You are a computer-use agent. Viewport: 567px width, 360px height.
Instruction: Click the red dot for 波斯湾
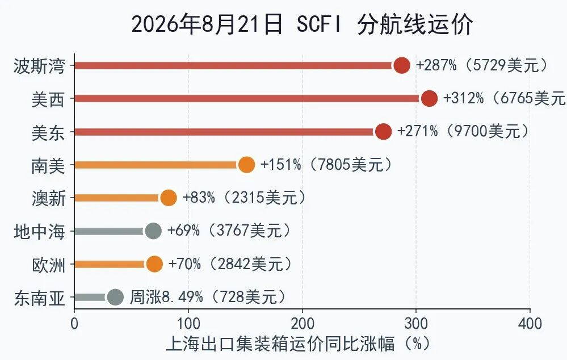click(x=402, y=65)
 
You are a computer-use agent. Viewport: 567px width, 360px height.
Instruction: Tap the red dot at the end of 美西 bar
click(x=429, y=98)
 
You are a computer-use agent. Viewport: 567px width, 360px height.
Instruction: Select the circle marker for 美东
click(x=383, y=131)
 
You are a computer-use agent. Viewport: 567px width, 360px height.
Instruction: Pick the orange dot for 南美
click(x=247, y=165)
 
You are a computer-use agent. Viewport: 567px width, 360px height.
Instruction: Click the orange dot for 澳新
click(x=169, y=198)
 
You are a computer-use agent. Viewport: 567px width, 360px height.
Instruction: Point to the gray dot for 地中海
click(x=153, y=231)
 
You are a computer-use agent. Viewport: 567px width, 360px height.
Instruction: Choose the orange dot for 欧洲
click(x=154, y=264)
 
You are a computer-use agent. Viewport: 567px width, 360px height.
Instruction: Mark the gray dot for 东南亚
click(x=115, y=297)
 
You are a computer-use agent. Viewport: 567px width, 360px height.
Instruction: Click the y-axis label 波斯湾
click(x=39, y=66)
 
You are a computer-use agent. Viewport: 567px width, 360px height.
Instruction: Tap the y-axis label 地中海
click(x=39, y=232)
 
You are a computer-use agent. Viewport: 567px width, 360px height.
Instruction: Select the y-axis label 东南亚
click(x=39, y=298)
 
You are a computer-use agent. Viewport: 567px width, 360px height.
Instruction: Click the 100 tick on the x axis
click(x=188, y=323)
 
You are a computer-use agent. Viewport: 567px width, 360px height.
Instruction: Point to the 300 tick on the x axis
click(x=416, y=323)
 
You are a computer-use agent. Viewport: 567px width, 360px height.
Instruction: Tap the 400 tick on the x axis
click(x=530, y=323)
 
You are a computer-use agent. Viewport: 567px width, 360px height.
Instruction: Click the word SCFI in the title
click(x=319, y=24)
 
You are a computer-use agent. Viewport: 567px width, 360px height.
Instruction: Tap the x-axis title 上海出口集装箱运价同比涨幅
click(x=280, y=343)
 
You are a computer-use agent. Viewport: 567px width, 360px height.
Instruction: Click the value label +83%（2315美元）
click(x=245, y=198)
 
